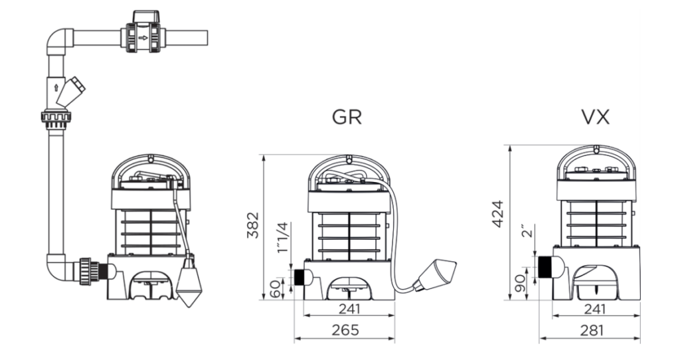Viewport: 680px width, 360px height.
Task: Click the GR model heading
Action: [347, 117]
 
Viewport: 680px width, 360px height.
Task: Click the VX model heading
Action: [596, 117]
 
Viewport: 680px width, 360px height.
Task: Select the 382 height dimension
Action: [252, 225]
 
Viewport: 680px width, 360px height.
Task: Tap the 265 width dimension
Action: [345, 330]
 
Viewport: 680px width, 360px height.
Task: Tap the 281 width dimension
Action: [592, 330]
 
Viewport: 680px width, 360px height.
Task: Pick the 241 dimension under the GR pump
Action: [349, 309]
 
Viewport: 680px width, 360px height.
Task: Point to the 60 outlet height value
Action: [276, 290]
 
